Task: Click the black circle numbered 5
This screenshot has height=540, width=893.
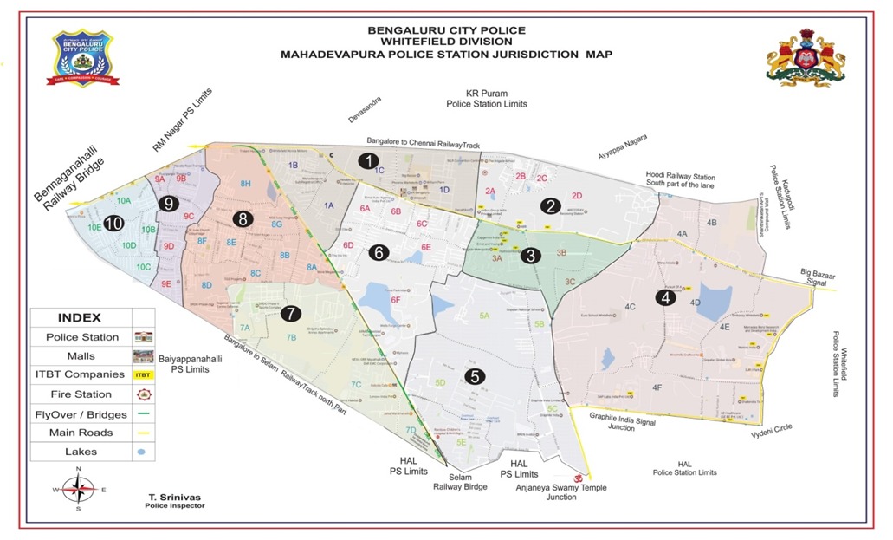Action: pos(473,376)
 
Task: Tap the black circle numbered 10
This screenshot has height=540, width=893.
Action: pos(113,223)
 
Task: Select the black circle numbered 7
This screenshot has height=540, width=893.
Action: pos(291,314)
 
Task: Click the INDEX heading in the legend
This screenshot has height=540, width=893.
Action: pos(79,317)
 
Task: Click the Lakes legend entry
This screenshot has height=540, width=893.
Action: pos(78,451)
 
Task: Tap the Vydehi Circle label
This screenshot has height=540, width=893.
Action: pos(773,431)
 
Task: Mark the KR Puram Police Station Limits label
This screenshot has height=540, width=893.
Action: pos(486,98)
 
